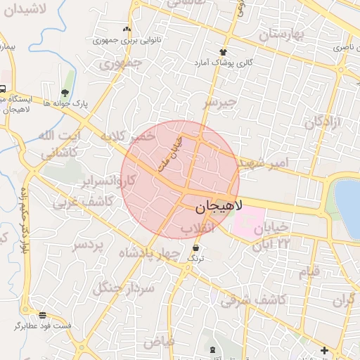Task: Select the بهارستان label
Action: click(284, 33)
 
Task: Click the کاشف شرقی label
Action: click(254, 300)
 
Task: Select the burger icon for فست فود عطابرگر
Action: click(43, 315)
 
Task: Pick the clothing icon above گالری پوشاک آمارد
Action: click(223, 52)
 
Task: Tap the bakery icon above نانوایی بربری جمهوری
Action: click(127, 30)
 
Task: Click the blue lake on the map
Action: click(348, 200)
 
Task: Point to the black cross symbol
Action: click(324, 350)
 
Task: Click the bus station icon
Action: click(3, 89)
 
